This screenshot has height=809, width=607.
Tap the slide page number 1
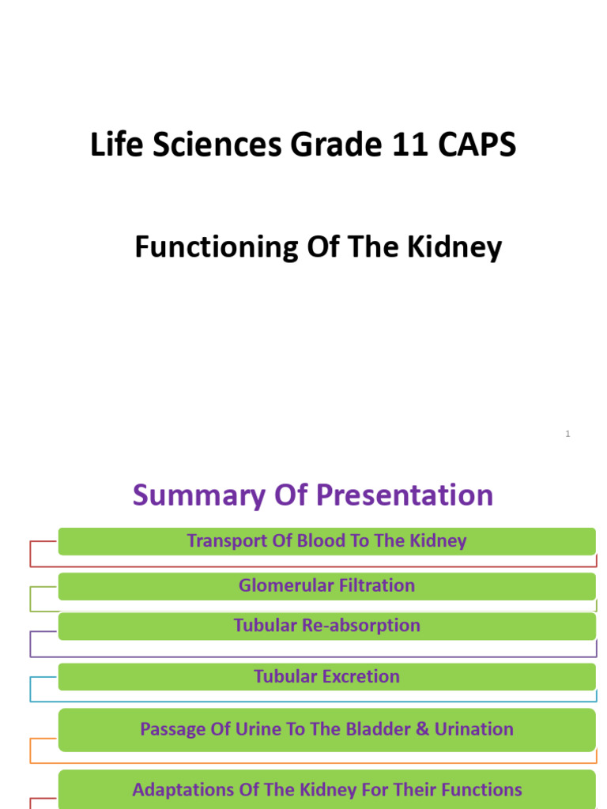(x=567, y=434)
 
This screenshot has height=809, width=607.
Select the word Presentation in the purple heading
(x=405, y=495)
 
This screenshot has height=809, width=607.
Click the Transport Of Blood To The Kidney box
(x=326, y=541)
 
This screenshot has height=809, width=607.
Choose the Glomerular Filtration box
(x=326, y=586)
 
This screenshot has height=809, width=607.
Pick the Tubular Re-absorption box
(x=326, y=626)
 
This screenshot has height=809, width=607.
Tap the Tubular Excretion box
(x=326, y=676)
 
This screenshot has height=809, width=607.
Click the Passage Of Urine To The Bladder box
(x=326, y=729)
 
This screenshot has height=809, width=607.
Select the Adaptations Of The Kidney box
(x=326, y=789)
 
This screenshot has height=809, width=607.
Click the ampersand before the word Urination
(x=418, y=729)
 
